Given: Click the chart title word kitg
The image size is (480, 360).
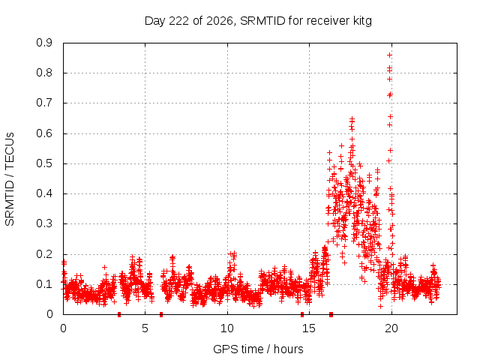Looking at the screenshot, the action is [361, 21].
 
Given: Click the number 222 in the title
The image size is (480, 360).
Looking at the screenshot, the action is [179, 21].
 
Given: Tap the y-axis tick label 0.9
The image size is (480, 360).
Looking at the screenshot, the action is [44, 43].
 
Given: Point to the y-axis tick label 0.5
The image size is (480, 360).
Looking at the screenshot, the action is [44, 163].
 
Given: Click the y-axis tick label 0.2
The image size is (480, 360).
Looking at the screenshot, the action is [44, 254].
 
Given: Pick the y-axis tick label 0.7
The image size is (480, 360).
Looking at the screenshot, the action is [44, 103].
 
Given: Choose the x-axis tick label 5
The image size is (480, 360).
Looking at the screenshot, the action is [145, 328].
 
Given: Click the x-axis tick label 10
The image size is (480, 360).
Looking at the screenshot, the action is [227, 328].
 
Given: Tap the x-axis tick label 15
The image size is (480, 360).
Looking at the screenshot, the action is [309, 328].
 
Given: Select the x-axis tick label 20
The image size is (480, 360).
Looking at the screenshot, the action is [391, 328].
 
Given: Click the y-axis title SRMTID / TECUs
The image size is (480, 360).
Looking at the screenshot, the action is [10, 179].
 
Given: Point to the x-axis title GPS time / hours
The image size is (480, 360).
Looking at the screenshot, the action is [258, 349].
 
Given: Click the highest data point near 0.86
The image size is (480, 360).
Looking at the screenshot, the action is [389, 55].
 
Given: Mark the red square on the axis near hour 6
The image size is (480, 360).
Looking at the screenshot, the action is [161, 314].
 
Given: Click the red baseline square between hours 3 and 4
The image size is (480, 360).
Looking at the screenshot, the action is [119, 314].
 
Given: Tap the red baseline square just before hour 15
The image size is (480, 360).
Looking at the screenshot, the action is [302, 314].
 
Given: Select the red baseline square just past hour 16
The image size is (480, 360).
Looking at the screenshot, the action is [331, 314].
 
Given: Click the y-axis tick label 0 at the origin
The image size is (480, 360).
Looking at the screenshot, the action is [49, 314].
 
